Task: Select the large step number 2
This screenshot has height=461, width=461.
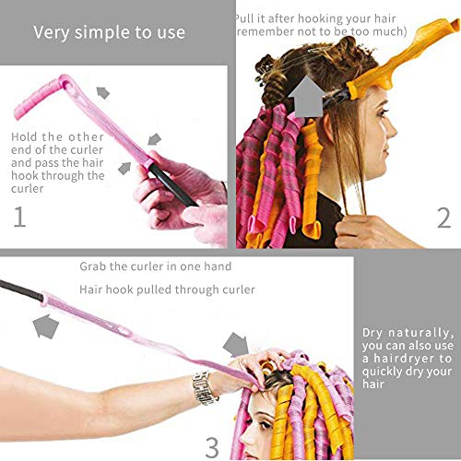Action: point(443,219)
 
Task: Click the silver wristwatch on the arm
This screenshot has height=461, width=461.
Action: point(205,387)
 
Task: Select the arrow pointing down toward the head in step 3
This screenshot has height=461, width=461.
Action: point(242,349)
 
